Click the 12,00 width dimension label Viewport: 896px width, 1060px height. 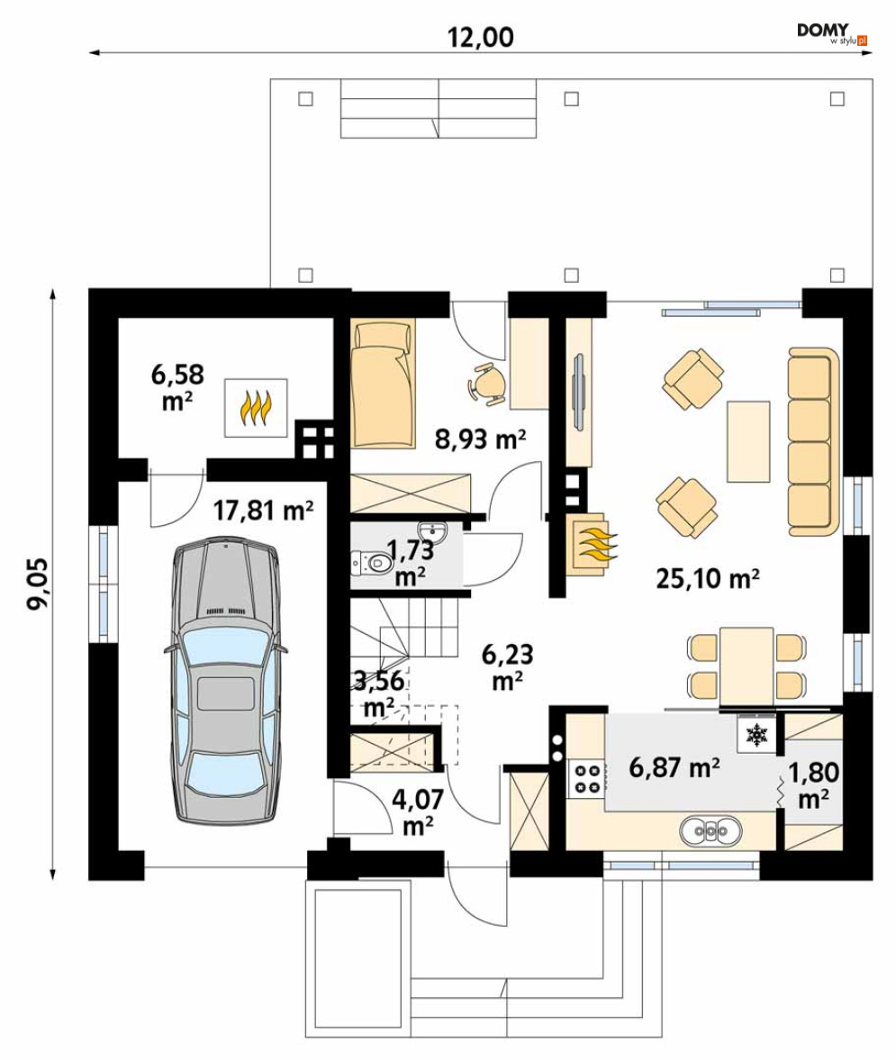click(x=481, y=37)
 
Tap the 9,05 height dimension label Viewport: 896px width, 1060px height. click(x=37, y=584)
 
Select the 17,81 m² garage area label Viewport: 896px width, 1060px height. click(x=263, y=511)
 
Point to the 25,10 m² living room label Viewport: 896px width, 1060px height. click(x=708, y=578)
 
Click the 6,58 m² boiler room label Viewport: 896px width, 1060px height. click(x=177, y=387)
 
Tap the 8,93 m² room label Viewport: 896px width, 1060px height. click(x=480, y=439)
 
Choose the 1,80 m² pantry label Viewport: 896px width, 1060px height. click(x=813, y=785)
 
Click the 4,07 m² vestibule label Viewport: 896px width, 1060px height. click(x=418, y=812)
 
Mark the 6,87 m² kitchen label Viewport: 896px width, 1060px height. click(x=674, y=767)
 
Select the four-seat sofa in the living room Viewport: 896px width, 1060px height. click(x=813, y=441)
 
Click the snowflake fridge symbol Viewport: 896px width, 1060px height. click(x=756, y=734)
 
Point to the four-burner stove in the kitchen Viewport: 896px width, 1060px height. click(x=586, y=778)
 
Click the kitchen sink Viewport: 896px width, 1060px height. click(x=710, y=830)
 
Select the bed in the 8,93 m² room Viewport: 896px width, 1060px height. click(x=383, y=384)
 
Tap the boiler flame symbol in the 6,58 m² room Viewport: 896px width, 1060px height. click(x=257, y=408)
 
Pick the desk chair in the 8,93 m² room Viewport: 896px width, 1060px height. click(x=486, y=384)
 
